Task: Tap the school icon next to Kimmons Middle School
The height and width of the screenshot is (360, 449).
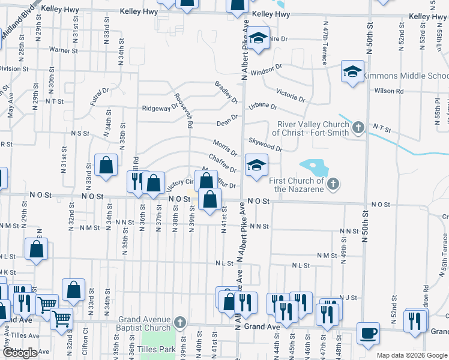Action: click(352, 72)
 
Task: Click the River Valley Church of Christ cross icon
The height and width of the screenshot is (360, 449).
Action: click(358, 127)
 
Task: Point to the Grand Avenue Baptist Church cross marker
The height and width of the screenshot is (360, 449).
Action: click(179, 323)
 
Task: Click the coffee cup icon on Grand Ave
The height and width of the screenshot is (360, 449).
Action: click(367, 334)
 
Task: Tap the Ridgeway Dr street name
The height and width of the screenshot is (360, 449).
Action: click(160, 108)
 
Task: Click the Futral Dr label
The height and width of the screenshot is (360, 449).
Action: click(100, 96)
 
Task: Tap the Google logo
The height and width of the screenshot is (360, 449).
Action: click(20, 353)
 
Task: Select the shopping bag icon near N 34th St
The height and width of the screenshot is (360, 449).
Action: click(106, 166)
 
